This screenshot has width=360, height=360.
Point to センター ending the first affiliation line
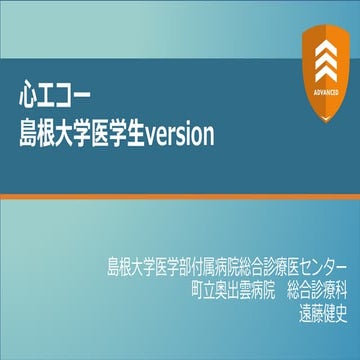pos(323,267)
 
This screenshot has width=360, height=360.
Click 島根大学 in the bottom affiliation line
pos(134,267)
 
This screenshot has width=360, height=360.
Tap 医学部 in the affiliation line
pos(184,267)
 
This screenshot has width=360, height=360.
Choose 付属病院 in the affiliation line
pos(226,267)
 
